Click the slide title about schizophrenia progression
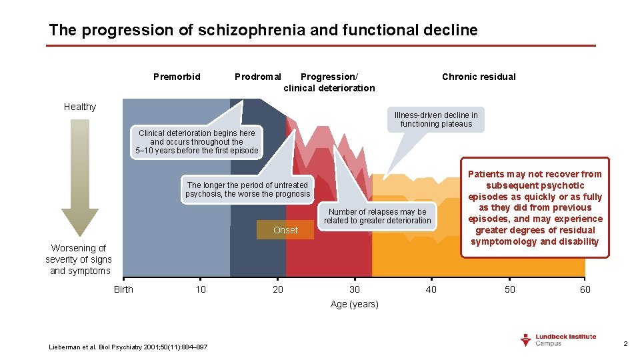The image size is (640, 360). [x=263, y=30]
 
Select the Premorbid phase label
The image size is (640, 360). [x=177, y=77]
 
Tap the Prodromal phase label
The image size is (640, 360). [x=258, y=77]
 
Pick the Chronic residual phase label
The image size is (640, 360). [x=479, y=77]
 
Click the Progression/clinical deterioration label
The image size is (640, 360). [x=329, y=82]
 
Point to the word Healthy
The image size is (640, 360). [x=80, y=107]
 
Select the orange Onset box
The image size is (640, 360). [x=285, y=230]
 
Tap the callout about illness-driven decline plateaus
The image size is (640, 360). [x=437, y=119]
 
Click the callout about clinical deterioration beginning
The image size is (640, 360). [x=197, y=142]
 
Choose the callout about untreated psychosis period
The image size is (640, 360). [x=247, y=189]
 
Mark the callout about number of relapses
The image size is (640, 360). [x=377, y=216]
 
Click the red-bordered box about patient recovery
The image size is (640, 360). [x=535, y=207]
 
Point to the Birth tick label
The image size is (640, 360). [x=123, y=289]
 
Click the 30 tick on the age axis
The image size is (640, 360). [x=355, y=289]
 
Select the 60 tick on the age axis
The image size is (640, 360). [x=585, y=289]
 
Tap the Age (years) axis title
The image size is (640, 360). [x=355, y=305]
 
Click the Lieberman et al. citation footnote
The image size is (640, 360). [x=128, y=347]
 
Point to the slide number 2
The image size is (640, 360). [x=625, y=343]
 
